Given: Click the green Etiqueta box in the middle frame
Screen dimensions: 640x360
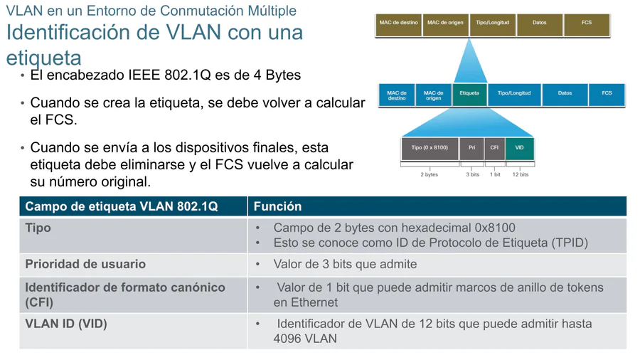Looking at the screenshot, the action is click(469, 95).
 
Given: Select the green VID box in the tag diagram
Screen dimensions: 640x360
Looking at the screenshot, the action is click(519, 149).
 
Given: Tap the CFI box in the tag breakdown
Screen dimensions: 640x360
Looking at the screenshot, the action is click(494, 149).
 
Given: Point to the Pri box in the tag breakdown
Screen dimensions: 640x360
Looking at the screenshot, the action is click(472, 149).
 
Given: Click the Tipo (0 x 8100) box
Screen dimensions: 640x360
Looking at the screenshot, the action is click(430, 149).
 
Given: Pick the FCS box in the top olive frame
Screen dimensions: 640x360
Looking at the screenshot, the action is click(587, 25).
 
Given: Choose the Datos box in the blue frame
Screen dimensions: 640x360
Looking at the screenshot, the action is click(565, 95).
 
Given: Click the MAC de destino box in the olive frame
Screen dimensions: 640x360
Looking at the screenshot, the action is click(398, 25).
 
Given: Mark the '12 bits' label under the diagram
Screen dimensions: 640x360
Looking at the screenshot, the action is click(521, 175).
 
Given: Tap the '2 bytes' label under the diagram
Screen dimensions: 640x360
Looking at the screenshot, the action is click(430, 175).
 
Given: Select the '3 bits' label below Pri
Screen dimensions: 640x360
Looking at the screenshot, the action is click(473, 175).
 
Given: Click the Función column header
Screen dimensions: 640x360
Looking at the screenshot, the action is click(277, 206).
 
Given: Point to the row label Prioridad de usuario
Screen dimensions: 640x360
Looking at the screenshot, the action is click(85, 264).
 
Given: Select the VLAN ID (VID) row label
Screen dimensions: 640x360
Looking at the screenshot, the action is click(66, 324).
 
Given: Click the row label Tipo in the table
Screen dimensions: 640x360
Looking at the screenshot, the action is click(38, 228).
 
